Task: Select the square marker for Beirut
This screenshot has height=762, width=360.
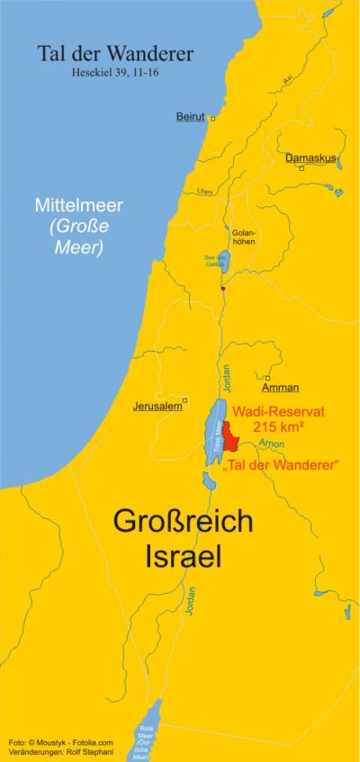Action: pos(213,118)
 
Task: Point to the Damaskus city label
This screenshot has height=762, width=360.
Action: pos(310,158)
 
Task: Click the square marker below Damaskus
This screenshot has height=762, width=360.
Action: pos(302,168)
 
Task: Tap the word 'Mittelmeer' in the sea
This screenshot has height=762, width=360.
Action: pos(78,205)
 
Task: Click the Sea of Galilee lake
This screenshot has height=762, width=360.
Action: pos(224,261)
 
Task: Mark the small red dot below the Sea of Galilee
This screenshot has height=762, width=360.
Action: pos(223,288)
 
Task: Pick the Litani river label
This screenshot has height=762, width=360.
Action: pos(205,192)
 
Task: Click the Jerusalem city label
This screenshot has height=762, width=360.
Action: pos(157,406)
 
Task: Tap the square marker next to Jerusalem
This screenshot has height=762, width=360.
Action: pos(184,400)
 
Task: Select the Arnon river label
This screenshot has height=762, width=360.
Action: pos(271,444)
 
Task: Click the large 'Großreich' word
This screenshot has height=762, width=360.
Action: pos(183,522)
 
